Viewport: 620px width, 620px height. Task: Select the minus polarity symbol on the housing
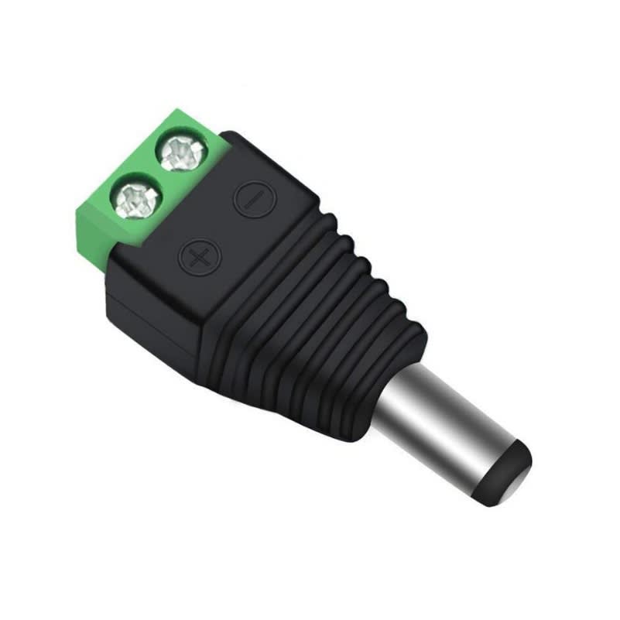[x=250, y=197]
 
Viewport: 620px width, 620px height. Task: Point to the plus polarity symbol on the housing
[x=198, y=255]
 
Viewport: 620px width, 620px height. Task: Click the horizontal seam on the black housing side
[x=155, y=306]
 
